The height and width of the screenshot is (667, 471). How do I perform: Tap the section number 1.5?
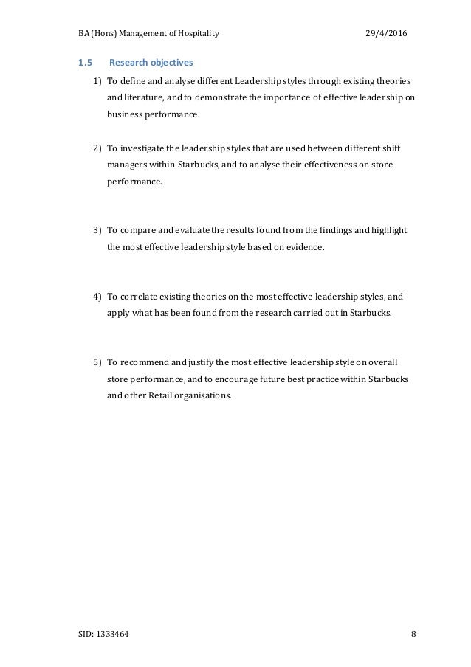(x=85, y=62)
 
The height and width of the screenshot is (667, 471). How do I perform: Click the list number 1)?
(x=97, y=80)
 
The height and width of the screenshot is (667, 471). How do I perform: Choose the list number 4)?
(x=97, y=297)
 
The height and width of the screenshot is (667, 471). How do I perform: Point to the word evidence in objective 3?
(x=305, y=247)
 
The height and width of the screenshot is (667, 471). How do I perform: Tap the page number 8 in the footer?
(x=413, y=633)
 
